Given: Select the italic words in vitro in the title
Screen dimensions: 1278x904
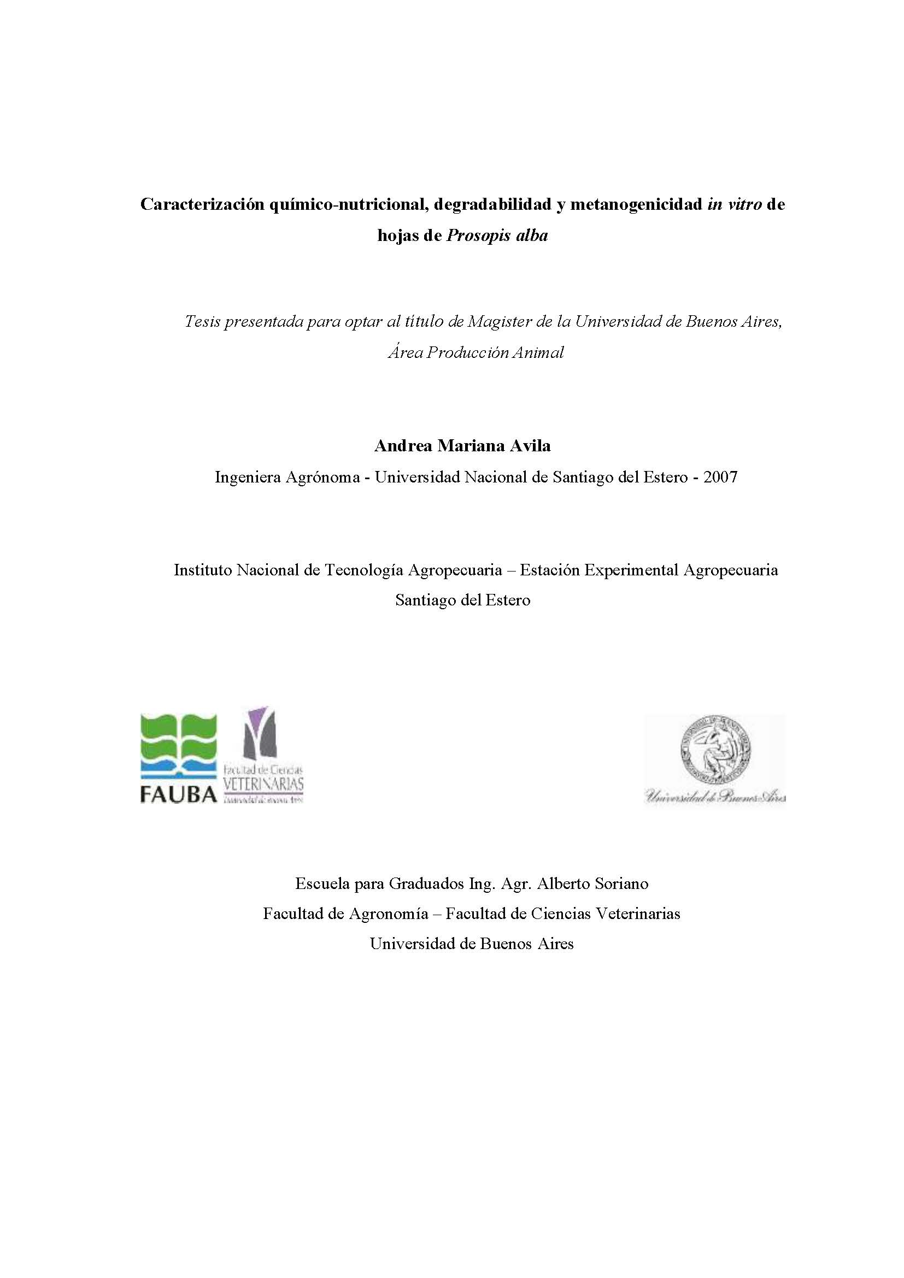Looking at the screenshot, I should (x=734, y=205).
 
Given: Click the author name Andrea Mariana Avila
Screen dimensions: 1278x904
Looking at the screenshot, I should (x=462, y=446).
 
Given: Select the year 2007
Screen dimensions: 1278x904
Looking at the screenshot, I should (x=720, y=477).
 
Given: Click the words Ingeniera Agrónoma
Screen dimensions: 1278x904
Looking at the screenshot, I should (x=287, y=477).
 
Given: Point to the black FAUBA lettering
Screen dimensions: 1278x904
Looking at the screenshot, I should (x=178, y=795).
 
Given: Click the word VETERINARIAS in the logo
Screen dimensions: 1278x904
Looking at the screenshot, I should (x=263, y=784).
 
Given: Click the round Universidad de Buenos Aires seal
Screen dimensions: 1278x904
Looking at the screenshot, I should (x=715, y=749).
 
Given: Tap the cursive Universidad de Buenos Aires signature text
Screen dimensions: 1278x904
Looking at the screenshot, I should (x=715, y=797).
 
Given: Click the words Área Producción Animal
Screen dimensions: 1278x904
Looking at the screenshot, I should (x=476, y=352).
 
